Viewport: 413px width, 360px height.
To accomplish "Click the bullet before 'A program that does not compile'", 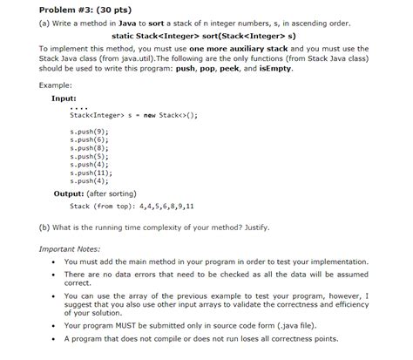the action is pos(55,340).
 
